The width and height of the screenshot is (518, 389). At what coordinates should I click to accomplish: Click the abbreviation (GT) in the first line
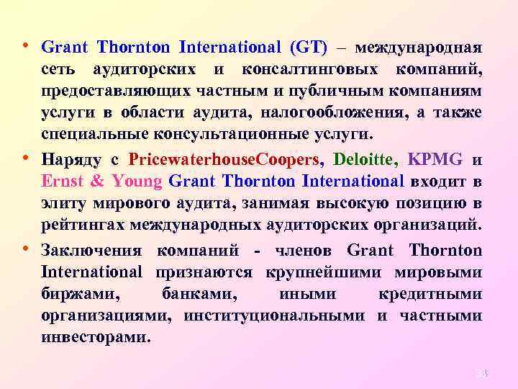coord(309,48)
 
